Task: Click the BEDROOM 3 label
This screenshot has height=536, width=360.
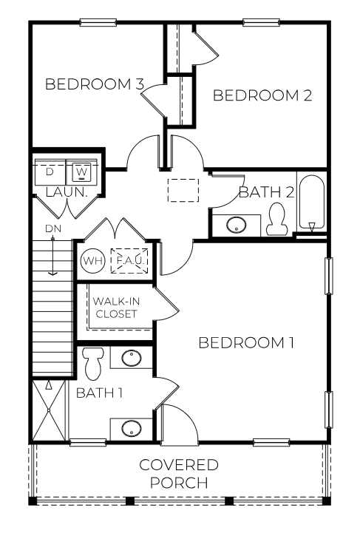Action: point(95,84)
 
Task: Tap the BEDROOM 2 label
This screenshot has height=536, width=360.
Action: point(262,95)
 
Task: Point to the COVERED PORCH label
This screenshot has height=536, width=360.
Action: point(180,473)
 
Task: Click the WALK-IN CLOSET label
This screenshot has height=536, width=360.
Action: point(115,308)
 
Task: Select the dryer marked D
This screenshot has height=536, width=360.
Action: point(50,172)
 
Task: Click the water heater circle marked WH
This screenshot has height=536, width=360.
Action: point(92,261)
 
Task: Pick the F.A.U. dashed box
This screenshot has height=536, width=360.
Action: point(130,260)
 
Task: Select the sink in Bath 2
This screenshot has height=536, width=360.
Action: point(237,225)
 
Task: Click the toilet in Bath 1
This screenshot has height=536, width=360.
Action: point(94,362)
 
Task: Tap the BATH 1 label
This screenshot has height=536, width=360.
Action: point(100,392)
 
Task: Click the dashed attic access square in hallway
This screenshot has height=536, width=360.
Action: point(183,191)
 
